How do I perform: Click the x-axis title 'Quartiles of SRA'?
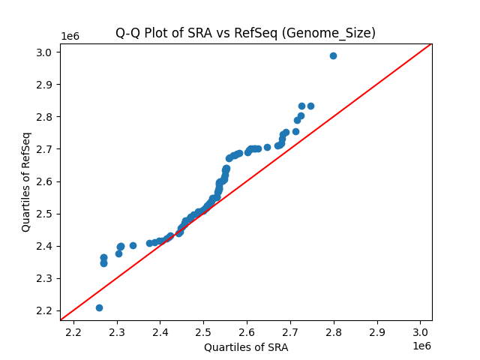pyautogui.click(x=246, y=347)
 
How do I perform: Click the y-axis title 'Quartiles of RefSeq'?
pyautogui.click(x=26, y=181)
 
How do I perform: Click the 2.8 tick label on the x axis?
pyautogui.click(x=334, y=331)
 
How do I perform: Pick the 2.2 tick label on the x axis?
pyautogui.click(x=73, y=331)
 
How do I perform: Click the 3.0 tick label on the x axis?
pyautogui.click(x=420, y=331)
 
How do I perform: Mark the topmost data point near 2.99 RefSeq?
pyautogui.click(x=333, y=55)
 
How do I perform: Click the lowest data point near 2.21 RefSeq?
pyautogui.click(x=99, y=307)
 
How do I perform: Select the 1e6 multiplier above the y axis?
pyautogui.click(x=70, y=36)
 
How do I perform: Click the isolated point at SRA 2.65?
pyautogui.click(x=267, y=147)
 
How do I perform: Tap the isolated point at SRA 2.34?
pyautogui.click(x=133, y=245)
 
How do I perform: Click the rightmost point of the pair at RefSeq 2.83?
pyautogui.click(x=310, y=106)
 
